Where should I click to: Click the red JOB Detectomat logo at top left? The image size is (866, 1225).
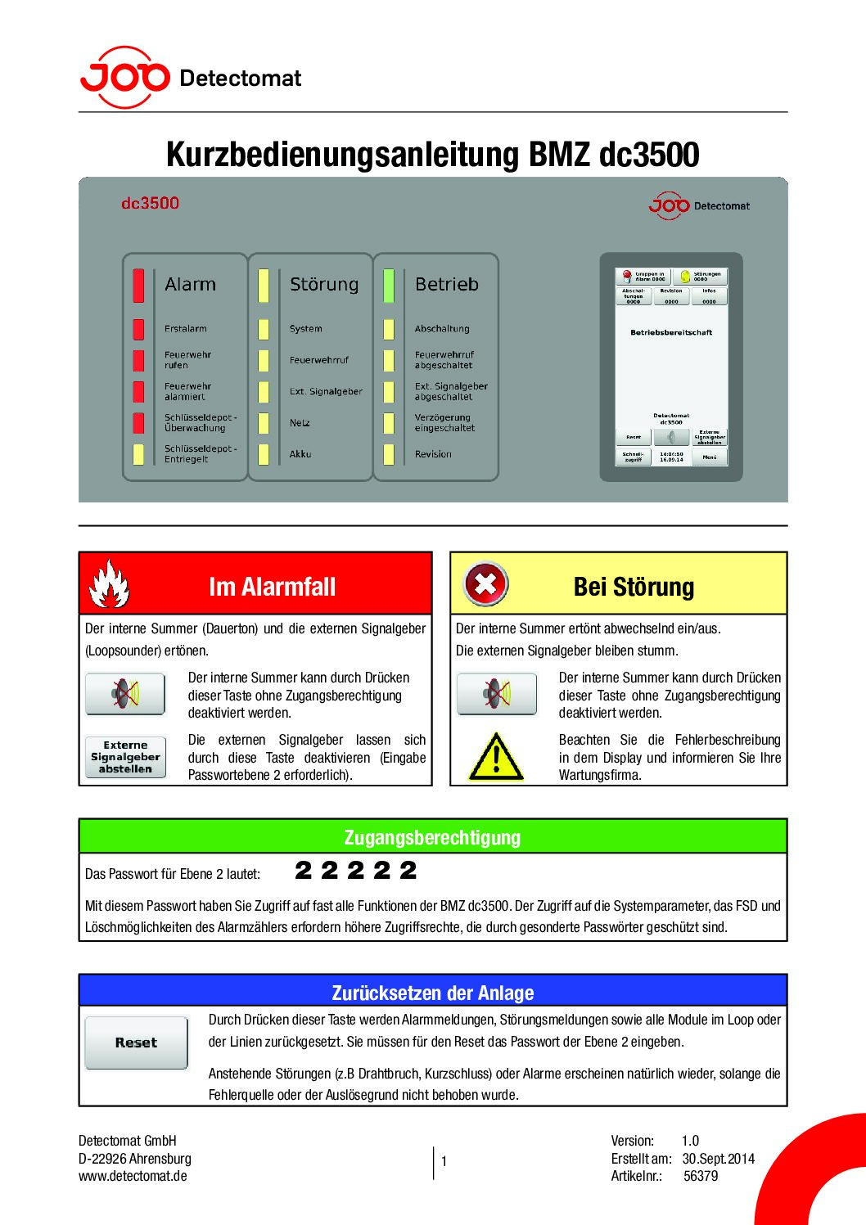coord(125,77)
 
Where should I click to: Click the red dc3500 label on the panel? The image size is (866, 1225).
coord(150,203)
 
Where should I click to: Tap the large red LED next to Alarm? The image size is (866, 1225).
coord(138,285)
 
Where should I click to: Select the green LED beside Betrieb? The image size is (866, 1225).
coord(389,285)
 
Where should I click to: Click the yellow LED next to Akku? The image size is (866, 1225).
coord(264,454)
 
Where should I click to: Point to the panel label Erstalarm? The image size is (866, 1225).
coord(186,329)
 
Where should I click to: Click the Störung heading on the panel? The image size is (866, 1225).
coord(324,285)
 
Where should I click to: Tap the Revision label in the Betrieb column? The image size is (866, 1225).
coord(433,454)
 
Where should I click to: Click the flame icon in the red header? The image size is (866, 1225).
coord(110,583)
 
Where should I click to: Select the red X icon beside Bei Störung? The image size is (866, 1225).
coord(485,583)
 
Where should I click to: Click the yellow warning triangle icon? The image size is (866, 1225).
coord(496,756)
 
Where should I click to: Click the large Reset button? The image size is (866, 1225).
coord(136,1043)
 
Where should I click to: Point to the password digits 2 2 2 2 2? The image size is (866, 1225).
coord(356,871)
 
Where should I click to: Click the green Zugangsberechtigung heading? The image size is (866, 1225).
coord(432,837)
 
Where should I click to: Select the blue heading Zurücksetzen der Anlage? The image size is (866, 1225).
coord(432,993)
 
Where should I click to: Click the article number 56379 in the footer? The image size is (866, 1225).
coord(701,1176)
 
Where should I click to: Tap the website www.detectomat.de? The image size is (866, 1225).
coord(133,1176)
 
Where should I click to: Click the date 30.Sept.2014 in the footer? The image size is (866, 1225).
coord(718,1159)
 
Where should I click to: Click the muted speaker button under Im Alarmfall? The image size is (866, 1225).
coord(125,694)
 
